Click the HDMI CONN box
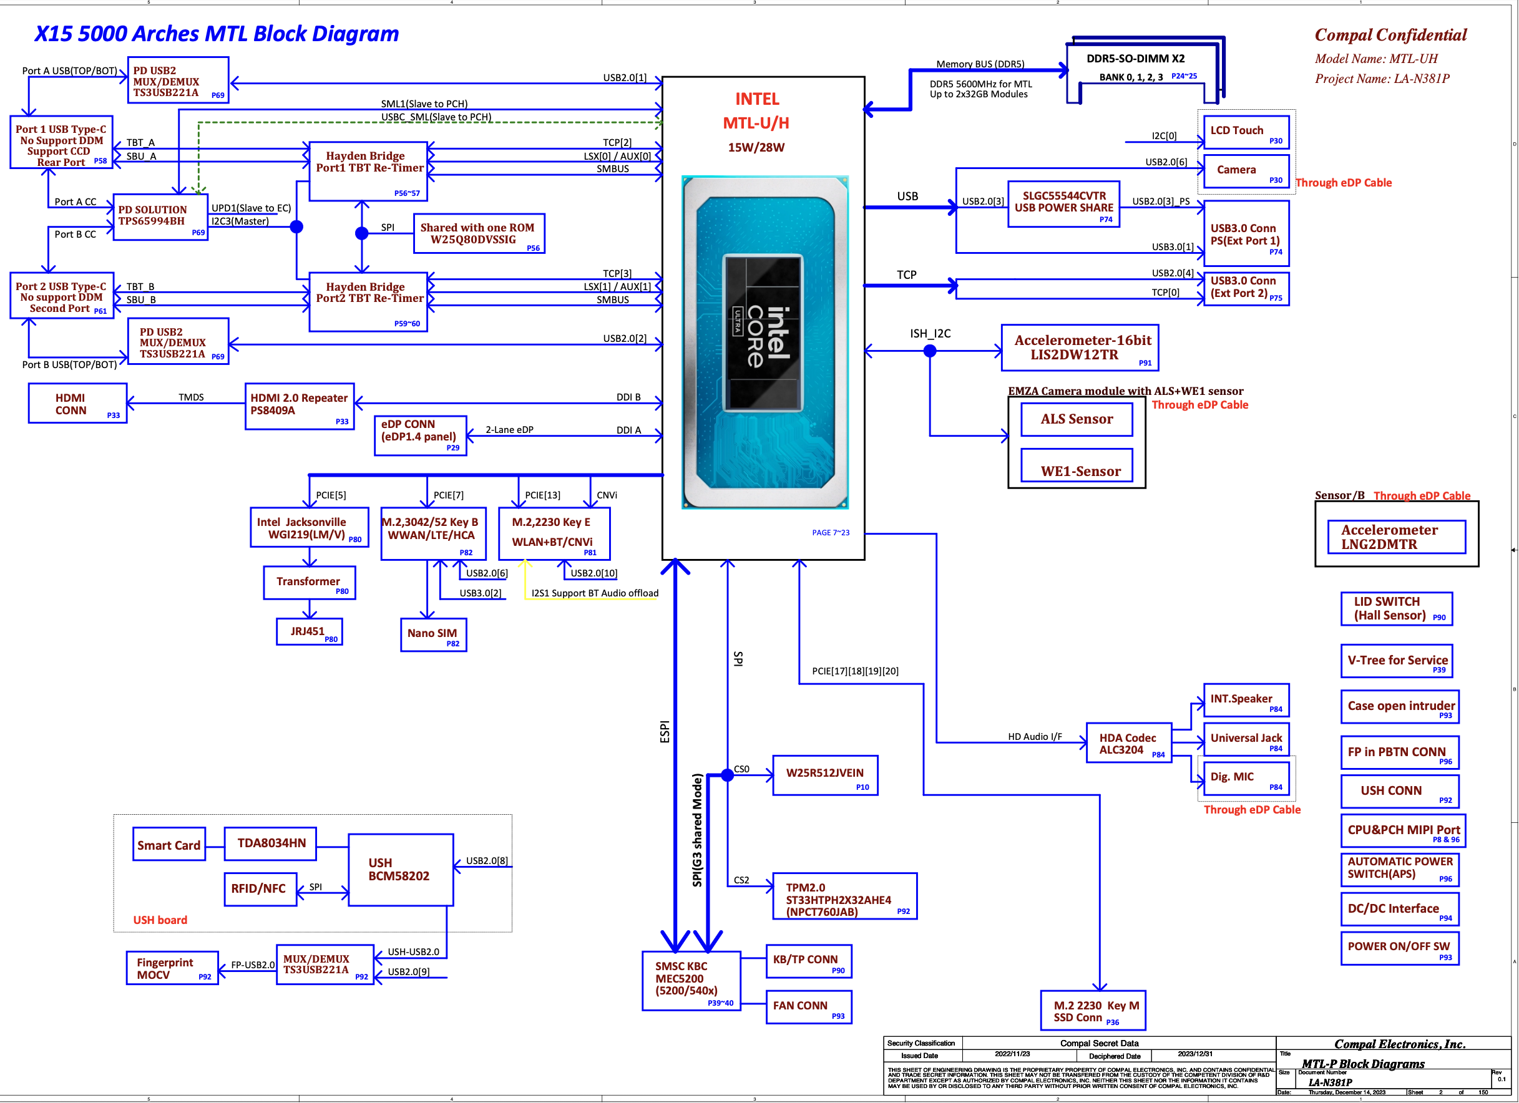[77, 403]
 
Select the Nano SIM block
[433, 634]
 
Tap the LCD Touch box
[1246, 132]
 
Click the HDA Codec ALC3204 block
[1128, 744]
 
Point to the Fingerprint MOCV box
[172, 968]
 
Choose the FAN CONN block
[808, 1006]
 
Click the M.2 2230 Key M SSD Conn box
[1093, 1011]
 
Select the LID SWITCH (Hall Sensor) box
[1397, 609]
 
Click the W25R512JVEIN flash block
[825, 775]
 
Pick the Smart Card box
[169, 845]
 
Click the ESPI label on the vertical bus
[665, 731]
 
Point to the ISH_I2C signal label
[930, 334]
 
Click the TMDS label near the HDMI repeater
[191, 397]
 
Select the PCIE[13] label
[542, 495]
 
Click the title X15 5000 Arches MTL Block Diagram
[217, 34]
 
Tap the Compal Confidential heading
[1390, 35]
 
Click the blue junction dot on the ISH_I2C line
[930, 350]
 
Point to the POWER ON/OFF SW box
[1400, 948]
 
